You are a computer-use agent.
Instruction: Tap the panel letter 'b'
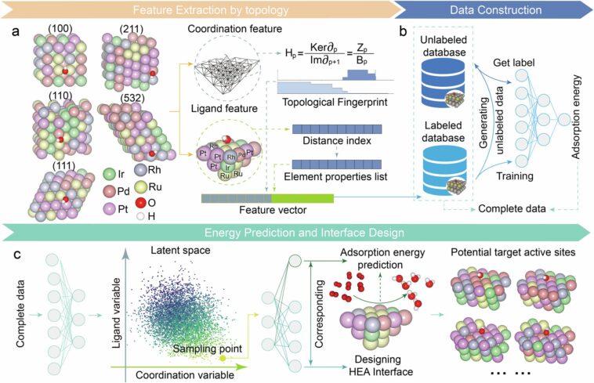(401, 32)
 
